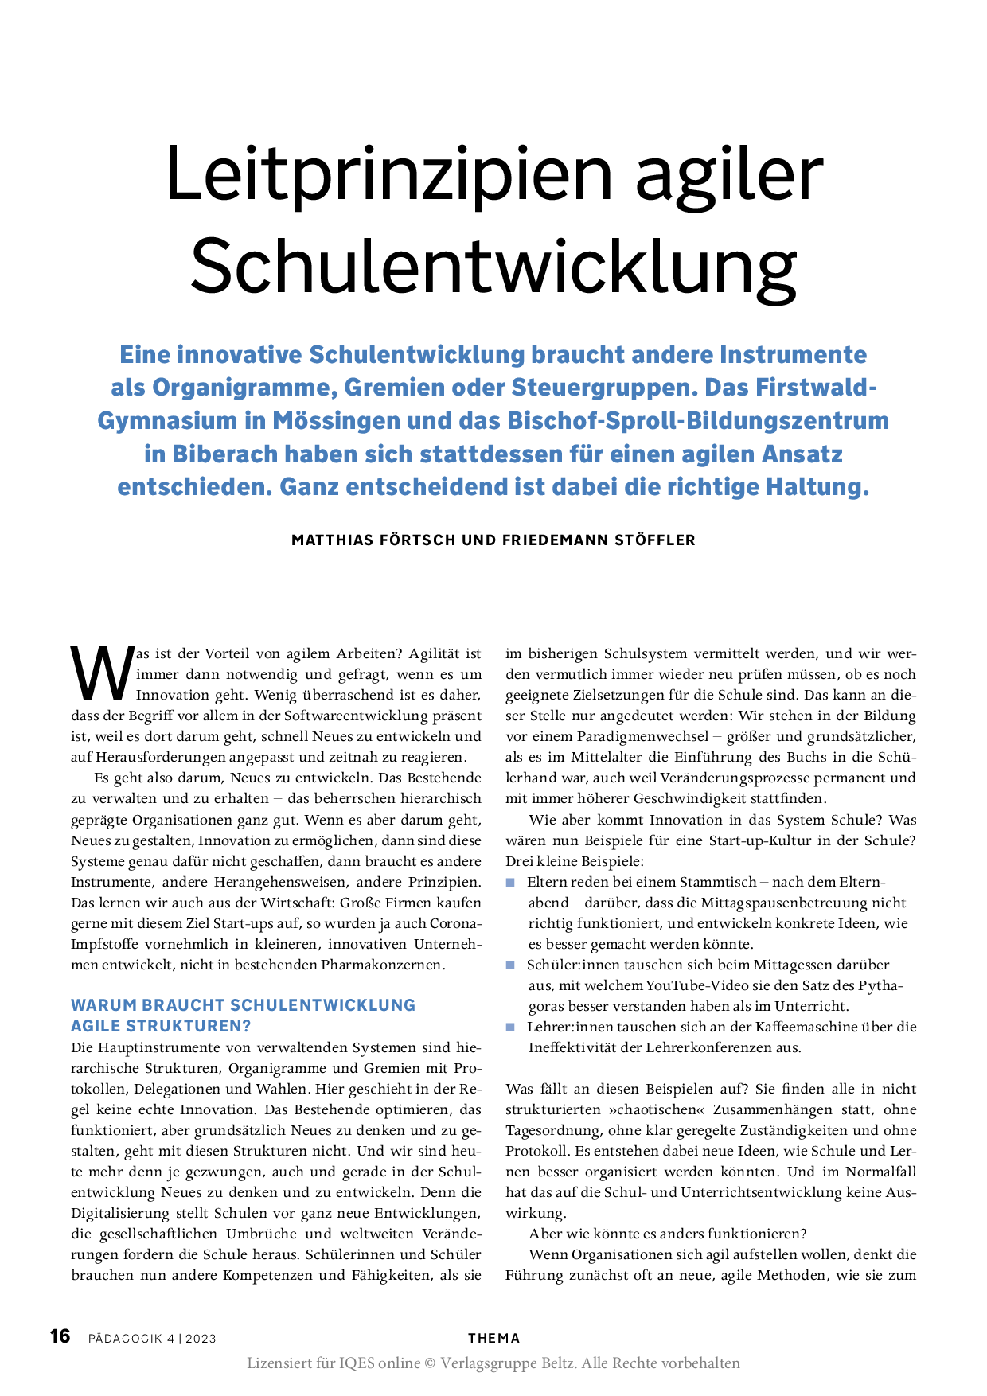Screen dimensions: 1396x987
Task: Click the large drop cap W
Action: pyautogui.click(x=101, y=673)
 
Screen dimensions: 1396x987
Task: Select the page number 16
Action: pyautogui.click(x=60, y=1336)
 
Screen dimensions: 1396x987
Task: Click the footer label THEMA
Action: pyautogui.click(x=494, y=1338)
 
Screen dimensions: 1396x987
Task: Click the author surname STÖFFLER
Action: pyautogui.click(x=655, y=540)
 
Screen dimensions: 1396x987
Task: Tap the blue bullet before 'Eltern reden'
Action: pyautogui.click(x=510, y=883)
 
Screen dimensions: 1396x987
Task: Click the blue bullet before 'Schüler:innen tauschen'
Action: pyautogui.click(x=510, y=965)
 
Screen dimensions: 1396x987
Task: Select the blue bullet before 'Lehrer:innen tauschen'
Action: pyautogui.click(x=510, y=1028)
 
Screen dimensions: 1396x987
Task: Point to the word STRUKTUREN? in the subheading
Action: pyautogui.click(x=199, y=1026)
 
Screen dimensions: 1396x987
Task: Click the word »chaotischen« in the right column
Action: pyautogui.click(x=657, y=1109)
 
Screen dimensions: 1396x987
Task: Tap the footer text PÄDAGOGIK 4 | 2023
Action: pyautogui.click(x=152, y=1338)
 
